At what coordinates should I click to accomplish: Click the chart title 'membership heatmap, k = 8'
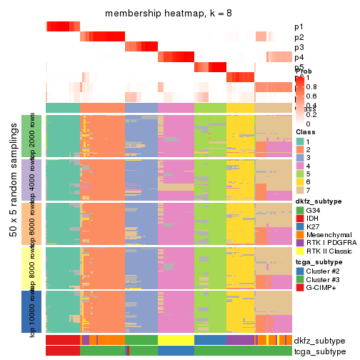click(x=169, y=14)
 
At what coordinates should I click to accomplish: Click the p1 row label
click(x=299, y=27)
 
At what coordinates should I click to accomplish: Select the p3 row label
click(x=299, y=47)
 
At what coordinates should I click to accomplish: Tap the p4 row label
click(x=299, y=57)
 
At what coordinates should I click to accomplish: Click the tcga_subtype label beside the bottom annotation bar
click(x=319, y=351)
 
